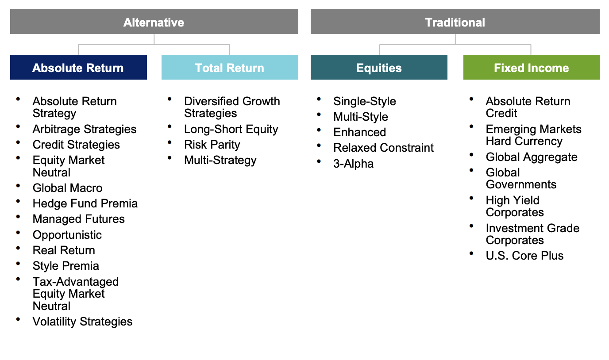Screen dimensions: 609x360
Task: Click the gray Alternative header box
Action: coord(154,22)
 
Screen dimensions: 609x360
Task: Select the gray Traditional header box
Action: coord(455,22)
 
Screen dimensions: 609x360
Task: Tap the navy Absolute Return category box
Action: coord(79,67)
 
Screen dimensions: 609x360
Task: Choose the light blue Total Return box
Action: coord(230,67)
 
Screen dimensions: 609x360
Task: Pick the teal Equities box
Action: coord(379,67)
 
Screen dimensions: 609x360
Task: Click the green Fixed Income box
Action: coord(532,67)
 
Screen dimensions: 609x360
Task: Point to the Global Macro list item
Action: coord(67,188)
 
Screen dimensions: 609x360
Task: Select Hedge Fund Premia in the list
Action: coord(85,203)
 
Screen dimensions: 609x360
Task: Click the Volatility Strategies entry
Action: coord(82,322)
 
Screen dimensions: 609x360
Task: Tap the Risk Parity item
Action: coord(212,145)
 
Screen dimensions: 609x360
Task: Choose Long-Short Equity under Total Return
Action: coord(231,129)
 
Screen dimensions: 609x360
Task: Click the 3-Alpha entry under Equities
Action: coord(354,164)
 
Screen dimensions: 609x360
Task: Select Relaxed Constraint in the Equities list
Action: coord(383,148)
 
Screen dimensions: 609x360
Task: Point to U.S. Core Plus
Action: coord(525,256)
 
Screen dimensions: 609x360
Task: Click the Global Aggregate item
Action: coord(532,157)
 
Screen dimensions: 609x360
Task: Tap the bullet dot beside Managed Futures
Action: coord(18,217)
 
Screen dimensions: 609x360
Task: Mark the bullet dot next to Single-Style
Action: coord(319,99)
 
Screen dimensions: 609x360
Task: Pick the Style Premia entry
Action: coord(66,266)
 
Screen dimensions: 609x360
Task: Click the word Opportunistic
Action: coord(67,235)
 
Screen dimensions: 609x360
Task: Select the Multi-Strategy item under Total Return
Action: coord(220,160)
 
